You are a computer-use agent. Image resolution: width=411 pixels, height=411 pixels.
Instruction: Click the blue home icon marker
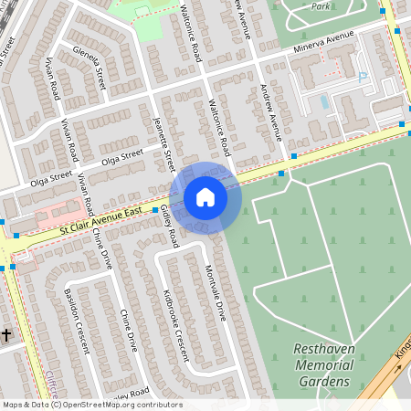click(x=205, y=197)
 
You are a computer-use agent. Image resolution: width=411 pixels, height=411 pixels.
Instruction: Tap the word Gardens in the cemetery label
click(x=323, y=381)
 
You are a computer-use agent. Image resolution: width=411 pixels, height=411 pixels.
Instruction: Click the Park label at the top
click(x=320, y=5)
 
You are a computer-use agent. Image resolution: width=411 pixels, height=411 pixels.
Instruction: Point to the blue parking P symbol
click(x=363, y=79)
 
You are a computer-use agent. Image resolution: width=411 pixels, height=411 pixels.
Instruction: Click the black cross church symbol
click(x=6, y=335)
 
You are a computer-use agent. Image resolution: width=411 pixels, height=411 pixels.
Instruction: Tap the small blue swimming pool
click(x=325, y=102)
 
